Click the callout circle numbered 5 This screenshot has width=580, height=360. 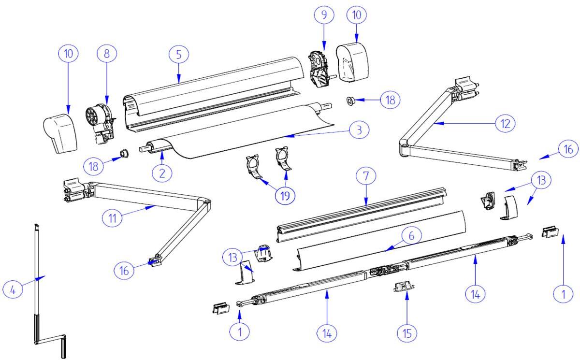click(x=179, y=55)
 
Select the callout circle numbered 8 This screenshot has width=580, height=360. click(x=107, y=54)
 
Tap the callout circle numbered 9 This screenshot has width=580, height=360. click(x=324, y=15)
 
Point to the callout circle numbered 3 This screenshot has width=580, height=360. click(x=359, y=130)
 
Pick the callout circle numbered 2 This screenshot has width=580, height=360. click(x=161, y=173)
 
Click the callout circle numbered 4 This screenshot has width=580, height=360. click(x=13, y=290)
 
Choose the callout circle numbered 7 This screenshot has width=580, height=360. click(x=366, y=176)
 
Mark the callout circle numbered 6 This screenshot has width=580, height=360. click(x=411, y=235)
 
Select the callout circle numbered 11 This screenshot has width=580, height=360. click(x=112, y=218)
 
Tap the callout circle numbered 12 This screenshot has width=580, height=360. click(x=505, y=123)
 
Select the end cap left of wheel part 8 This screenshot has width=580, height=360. click(x=61, y=133)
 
